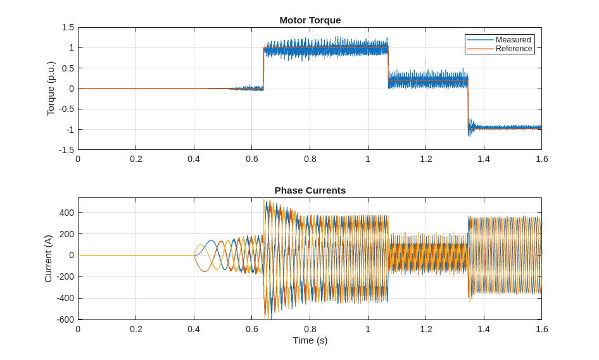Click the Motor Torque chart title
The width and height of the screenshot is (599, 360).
click(310, 20)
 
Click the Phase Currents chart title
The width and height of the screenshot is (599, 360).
click(310, 190)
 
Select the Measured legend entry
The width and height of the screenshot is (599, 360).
click(513, 40)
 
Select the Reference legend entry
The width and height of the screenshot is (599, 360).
click(514, 49)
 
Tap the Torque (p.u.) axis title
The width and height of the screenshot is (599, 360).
click(51, 89)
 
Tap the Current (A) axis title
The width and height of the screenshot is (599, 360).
click(48, 259)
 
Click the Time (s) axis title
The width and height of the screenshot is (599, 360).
click(310, 340)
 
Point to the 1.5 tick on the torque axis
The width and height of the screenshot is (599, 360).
click(68, 27)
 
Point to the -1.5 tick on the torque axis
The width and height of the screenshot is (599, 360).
click(66, 150)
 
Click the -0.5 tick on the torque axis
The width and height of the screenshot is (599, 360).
click(66, 109)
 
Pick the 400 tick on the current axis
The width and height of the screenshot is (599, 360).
click(66, 213)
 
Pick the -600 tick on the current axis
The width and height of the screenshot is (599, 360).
click(65, 320)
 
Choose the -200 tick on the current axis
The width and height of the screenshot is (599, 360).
click(65, 276)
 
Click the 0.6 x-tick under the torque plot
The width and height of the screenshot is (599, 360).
click(252, 159)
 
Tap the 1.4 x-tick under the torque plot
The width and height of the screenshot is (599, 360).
click(484, 159)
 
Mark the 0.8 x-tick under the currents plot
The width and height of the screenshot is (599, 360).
click(310, 329)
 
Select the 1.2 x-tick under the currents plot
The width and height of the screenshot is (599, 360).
click(426, 329)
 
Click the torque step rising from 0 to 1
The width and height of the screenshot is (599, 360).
click(263, 68)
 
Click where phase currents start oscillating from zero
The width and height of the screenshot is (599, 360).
click(194, 255)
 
